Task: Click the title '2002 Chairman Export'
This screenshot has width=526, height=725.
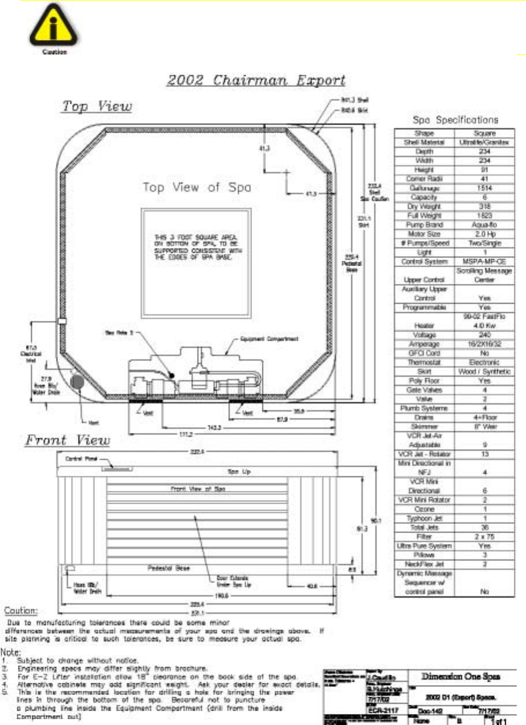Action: (255, 80)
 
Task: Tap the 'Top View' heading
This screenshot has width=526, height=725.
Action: (98, 107)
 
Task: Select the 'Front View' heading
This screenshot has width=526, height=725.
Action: (67, 440)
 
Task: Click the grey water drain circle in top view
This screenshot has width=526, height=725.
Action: (76, 382)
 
